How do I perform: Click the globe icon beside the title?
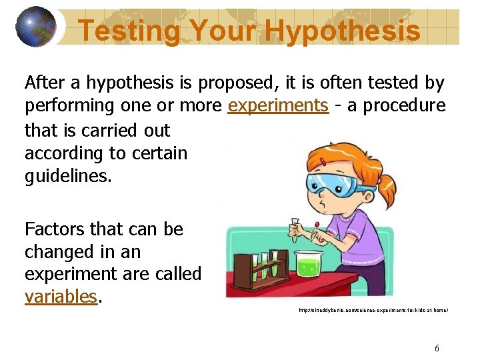coord(35,26)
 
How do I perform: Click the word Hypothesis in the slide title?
coord(342,30)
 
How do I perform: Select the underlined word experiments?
coord(278,105)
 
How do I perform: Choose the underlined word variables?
coord(61,296)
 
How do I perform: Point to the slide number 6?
coord(437,348)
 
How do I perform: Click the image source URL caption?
coord(373,311)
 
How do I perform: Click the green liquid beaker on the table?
coord(308,265)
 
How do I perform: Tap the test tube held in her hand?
coord(294,229)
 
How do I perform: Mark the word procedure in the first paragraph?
coord(405,105)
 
